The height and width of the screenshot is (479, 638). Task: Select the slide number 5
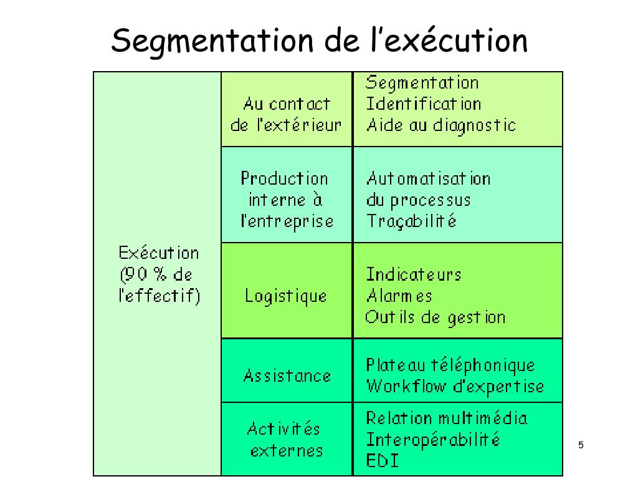[581, 445]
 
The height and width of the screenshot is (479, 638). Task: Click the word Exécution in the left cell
[159, 253]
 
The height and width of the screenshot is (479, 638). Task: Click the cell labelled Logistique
[286, 296]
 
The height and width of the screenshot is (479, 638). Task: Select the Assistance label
[287, 376]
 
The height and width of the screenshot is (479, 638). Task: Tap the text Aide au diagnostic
[441, 125]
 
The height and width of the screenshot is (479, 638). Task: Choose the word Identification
[423, 104]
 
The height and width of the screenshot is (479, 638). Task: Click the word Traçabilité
[411, 221]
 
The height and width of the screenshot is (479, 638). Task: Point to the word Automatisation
[428, 179]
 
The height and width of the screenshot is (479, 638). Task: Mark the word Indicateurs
[413, 274]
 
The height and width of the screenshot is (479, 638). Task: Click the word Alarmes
[399, 296]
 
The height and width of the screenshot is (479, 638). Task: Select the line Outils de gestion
[435, 317]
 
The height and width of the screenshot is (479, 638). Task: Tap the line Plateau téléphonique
[450, 365]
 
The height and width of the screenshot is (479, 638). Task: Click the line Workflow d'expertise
[455, 387]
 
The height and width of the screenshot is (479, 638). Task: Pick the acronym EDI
[382, 462]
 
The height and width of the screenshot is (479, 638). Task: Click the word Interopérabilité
[432, 440]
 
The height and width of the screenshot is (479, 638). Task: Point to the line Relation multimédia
[446, 418]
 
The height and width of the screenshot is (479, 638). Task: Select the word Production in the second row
[284, 179]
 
